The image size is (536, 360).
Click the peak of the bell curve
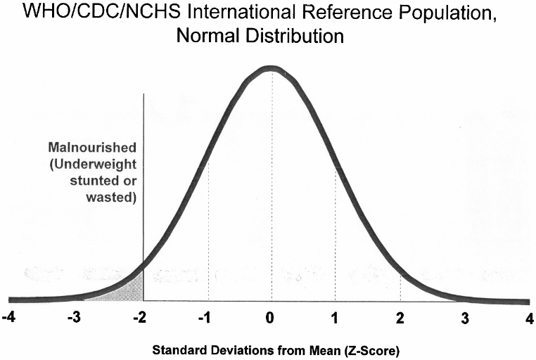point(270,68)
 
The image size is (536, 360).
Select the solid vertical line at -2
point(143,176)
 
